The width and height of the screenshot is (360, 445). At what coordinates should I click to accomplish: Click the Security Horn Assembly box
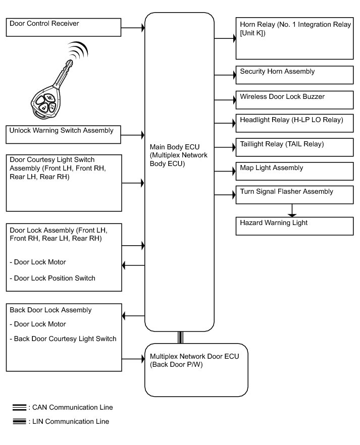pyautogui.click(x=295, y=75)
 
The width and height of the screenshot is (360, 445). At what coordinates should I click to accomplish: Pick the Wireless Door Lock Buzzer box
pyautogui.click(x=295, y=99)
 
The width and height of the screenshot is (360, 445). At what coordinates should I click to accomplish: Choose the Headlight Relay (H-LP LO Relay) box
pyautogui.click(x=295, y=123)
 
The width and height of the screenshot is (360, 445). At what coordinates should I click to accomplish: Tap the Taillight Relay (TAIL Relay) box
pyautogui.click(x=295, y=147)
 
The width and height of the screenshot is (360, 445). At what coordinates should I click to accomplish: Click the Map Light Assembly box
pyautogui.click(x=295, y=171)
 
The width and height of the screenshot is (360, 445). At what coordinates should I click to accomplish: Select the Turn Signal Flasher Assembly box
pyautogui.click(x=295, y=195)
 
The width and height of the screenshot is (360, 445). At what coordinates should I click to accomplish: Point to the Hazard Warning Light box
pyautogui.click(x=295, y=226)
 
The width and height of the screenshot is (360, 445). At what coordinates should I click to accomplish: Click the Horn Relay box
pyautogui.click(x=295, y=38)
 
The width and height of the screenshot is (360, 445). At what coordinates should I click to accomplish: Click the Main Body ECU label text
pyautogui.click(x=178, y=155)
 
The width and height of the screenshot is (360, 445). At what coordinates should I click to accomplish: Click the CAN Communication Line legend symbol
pyautogui.click(x=19, y=407)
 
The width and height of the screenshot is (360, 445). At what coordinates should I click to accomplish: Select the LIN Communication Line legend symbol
pyautogui.click(x=19, y=421)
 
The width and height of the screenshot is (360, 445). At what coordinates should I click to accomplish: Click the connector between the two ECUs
pyautogui.click(x=180, y=337)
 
